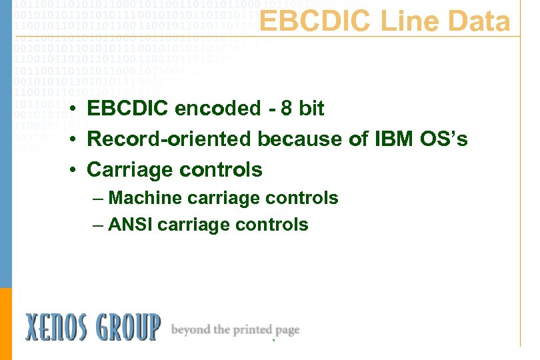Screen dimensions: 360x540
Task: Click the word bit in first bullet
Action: pos(311,108)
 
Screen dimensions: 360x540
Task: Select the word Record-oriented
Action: pos(170,139)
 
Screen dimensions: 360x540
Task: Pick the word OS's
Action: pos(445,139)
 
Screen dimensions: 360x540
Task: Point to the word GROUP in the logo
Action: pos(127,327)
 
